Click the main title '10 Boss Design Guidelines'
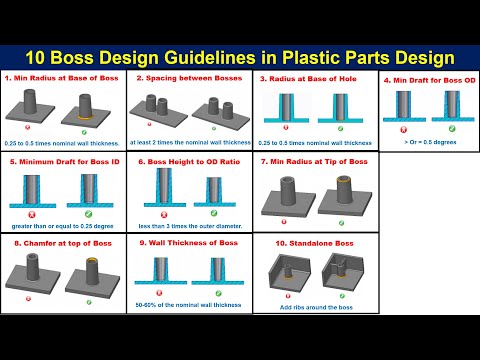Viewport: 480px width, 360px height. (240, 59)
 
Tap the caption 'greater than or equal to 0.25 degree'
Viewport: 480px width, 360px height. (62, 225)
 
